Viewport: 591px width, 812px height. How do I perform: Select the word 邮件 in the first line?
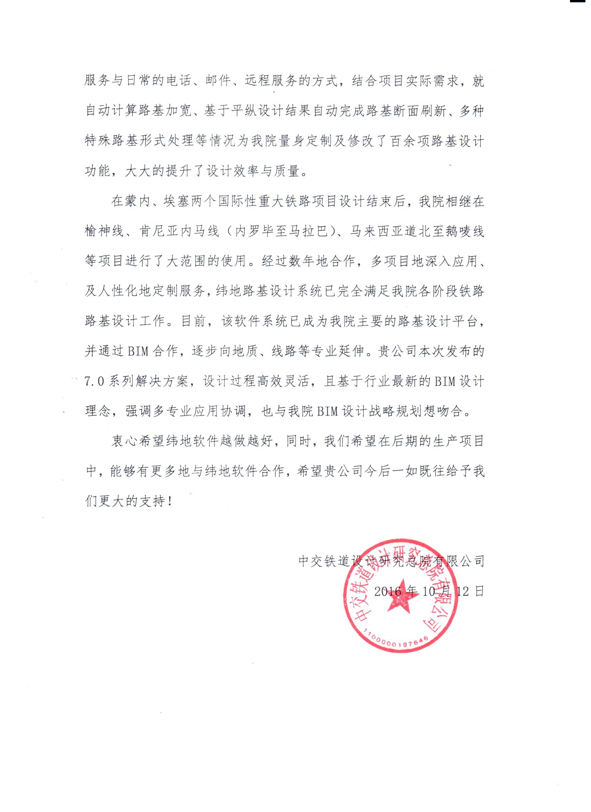pos(219,81)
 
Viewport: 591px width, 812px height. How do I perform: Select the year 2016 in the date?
pos(387,591)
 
